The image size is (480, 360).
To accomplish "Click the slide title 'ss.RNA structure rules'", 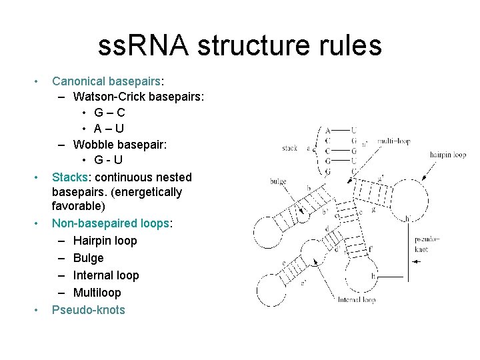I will pos(239,46).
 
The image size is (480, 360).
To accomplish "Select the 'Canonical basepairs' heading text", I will pos(106,81).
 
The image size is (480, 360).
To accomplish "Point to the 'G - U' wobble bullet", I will pos(108,161).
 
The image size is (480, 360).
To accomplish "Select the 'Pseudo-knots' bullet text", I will pos(88,310).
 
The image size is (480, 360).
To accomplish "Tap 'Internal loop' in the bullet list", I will pos(106,275).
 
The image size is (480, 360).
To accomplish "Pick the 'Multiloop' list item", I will pos(97,293).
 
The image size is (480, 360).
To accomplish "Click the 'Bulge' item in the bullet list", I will pos(88,258).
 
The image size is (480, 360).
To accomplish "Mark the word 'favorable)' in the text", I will pos(79,207).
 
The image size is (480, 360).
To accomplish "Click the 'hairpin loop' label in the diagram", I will pos(447,155).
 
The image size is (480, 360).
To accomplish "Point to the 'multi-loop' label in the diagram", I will pos(394,141).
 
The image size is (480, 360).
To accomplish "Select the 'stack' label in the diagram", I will pos(289,148).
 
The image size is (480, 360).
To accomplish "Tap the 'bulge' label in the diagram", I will pos(278,181).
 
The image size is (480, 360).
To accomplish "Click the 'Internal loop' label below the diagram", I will pos(356,300).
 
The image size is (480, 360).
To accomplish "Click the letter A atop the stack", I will pos(327,130).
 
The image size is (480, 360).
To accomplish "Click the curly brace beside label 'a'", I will pos(317,150).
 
